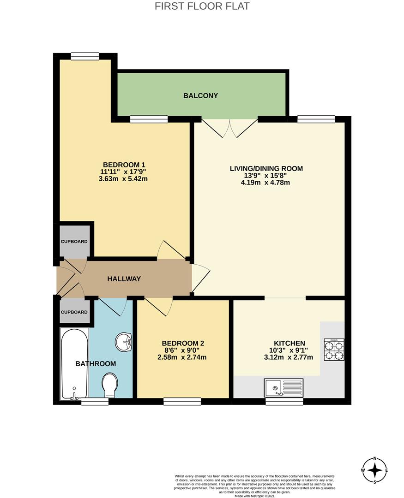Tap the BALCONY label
[x=200, y=96]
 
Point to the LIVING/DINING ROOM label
[x=266, y=168]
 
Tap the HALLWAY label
[x=124, y=279]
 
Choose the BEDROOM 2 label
[x=183, y=343]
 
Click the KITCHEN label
[x=289, y=343]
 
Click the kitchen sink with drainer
[x=283, y=388]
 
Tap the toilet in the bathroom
[x=110, y=385]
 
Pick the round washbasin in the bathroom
[x=123, y=342]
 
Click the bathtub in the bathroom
[x=74, y=364]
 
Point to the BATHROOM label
[x=96, y=364]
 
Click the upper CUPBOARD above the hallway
[x=74, y=241]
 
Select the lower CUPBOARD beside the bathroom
[x=74, y=312]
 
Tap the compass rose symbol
[x=375, y=470]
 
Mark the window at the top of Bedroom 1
[x=85, y=56]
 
